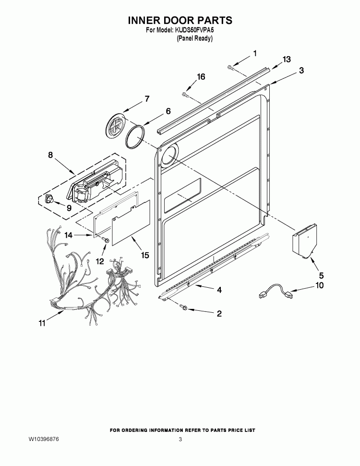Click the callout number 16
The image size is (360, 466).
pos(201,77)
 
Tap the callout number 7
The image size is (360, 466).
pos(147,98)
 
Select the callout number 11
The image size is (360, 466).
pos(42,323)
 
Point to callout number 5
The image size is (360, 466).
pos(321,275)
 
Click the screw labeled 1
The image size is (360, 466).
pos(230,67)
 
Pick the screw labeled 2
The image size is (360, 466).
pos(182,308)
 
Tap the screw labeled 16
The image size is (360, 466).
pos(185,95)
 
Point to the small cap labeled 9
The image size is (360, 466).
pos(48,198)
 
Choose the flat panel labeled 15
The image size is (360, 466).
pos(131,222)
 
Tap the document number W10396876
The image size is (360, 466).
pos(44,439)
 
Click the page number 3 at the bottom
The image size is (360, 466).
pos(180,439)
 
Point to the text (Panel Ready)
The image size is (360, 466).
pos(195,38)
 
